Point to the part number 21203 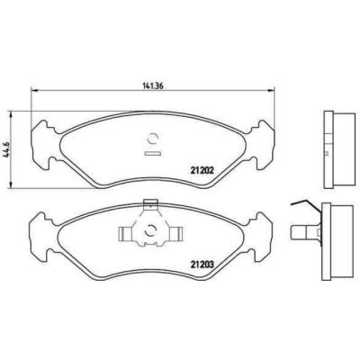(x=202, y=263)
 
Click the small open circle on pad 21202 (x=152, y=138)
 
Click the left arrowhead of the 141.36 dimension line (x=34, y=89)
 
